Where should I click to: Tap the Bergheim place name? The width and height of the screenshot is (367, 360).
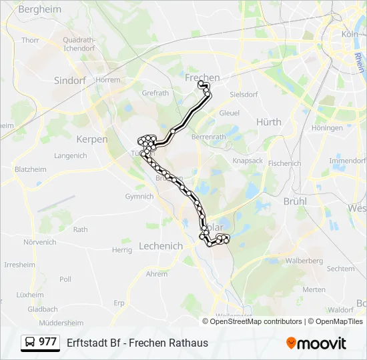[x=39, y=9]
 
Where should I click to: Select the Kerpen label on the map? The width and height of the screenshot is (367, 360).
[x=92, y=139]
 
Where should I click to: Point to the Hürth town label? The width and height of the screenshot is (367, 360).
[x=269, y=122]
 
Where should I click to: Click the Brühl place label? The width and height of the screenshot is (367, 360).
[x=295, y=201]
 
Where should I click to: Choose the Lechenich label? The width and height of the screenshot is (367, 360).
[x=161, y=246]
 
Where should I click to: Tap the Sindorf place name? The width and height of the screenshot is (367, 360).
[x=70, y=80]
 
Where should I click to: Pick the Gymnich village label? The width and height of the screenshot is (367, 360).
[x=139, y=197]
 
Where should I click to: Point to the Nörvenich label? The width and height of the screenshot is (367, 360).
[x=40, y=242]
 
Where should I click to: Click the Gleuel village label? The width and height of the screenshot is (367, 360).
[x=229, y=113]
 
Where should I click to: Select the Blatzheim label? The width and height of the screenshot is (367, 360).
[x=31, y=170]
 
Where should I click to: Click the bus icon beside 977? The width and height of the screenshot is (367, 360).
[x=30, y=343]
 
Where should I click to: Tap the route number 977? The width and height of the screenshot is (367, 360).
[x=47, y=342]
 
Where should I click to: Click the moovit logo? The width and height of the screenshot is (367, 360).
[x=316, y=343]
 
